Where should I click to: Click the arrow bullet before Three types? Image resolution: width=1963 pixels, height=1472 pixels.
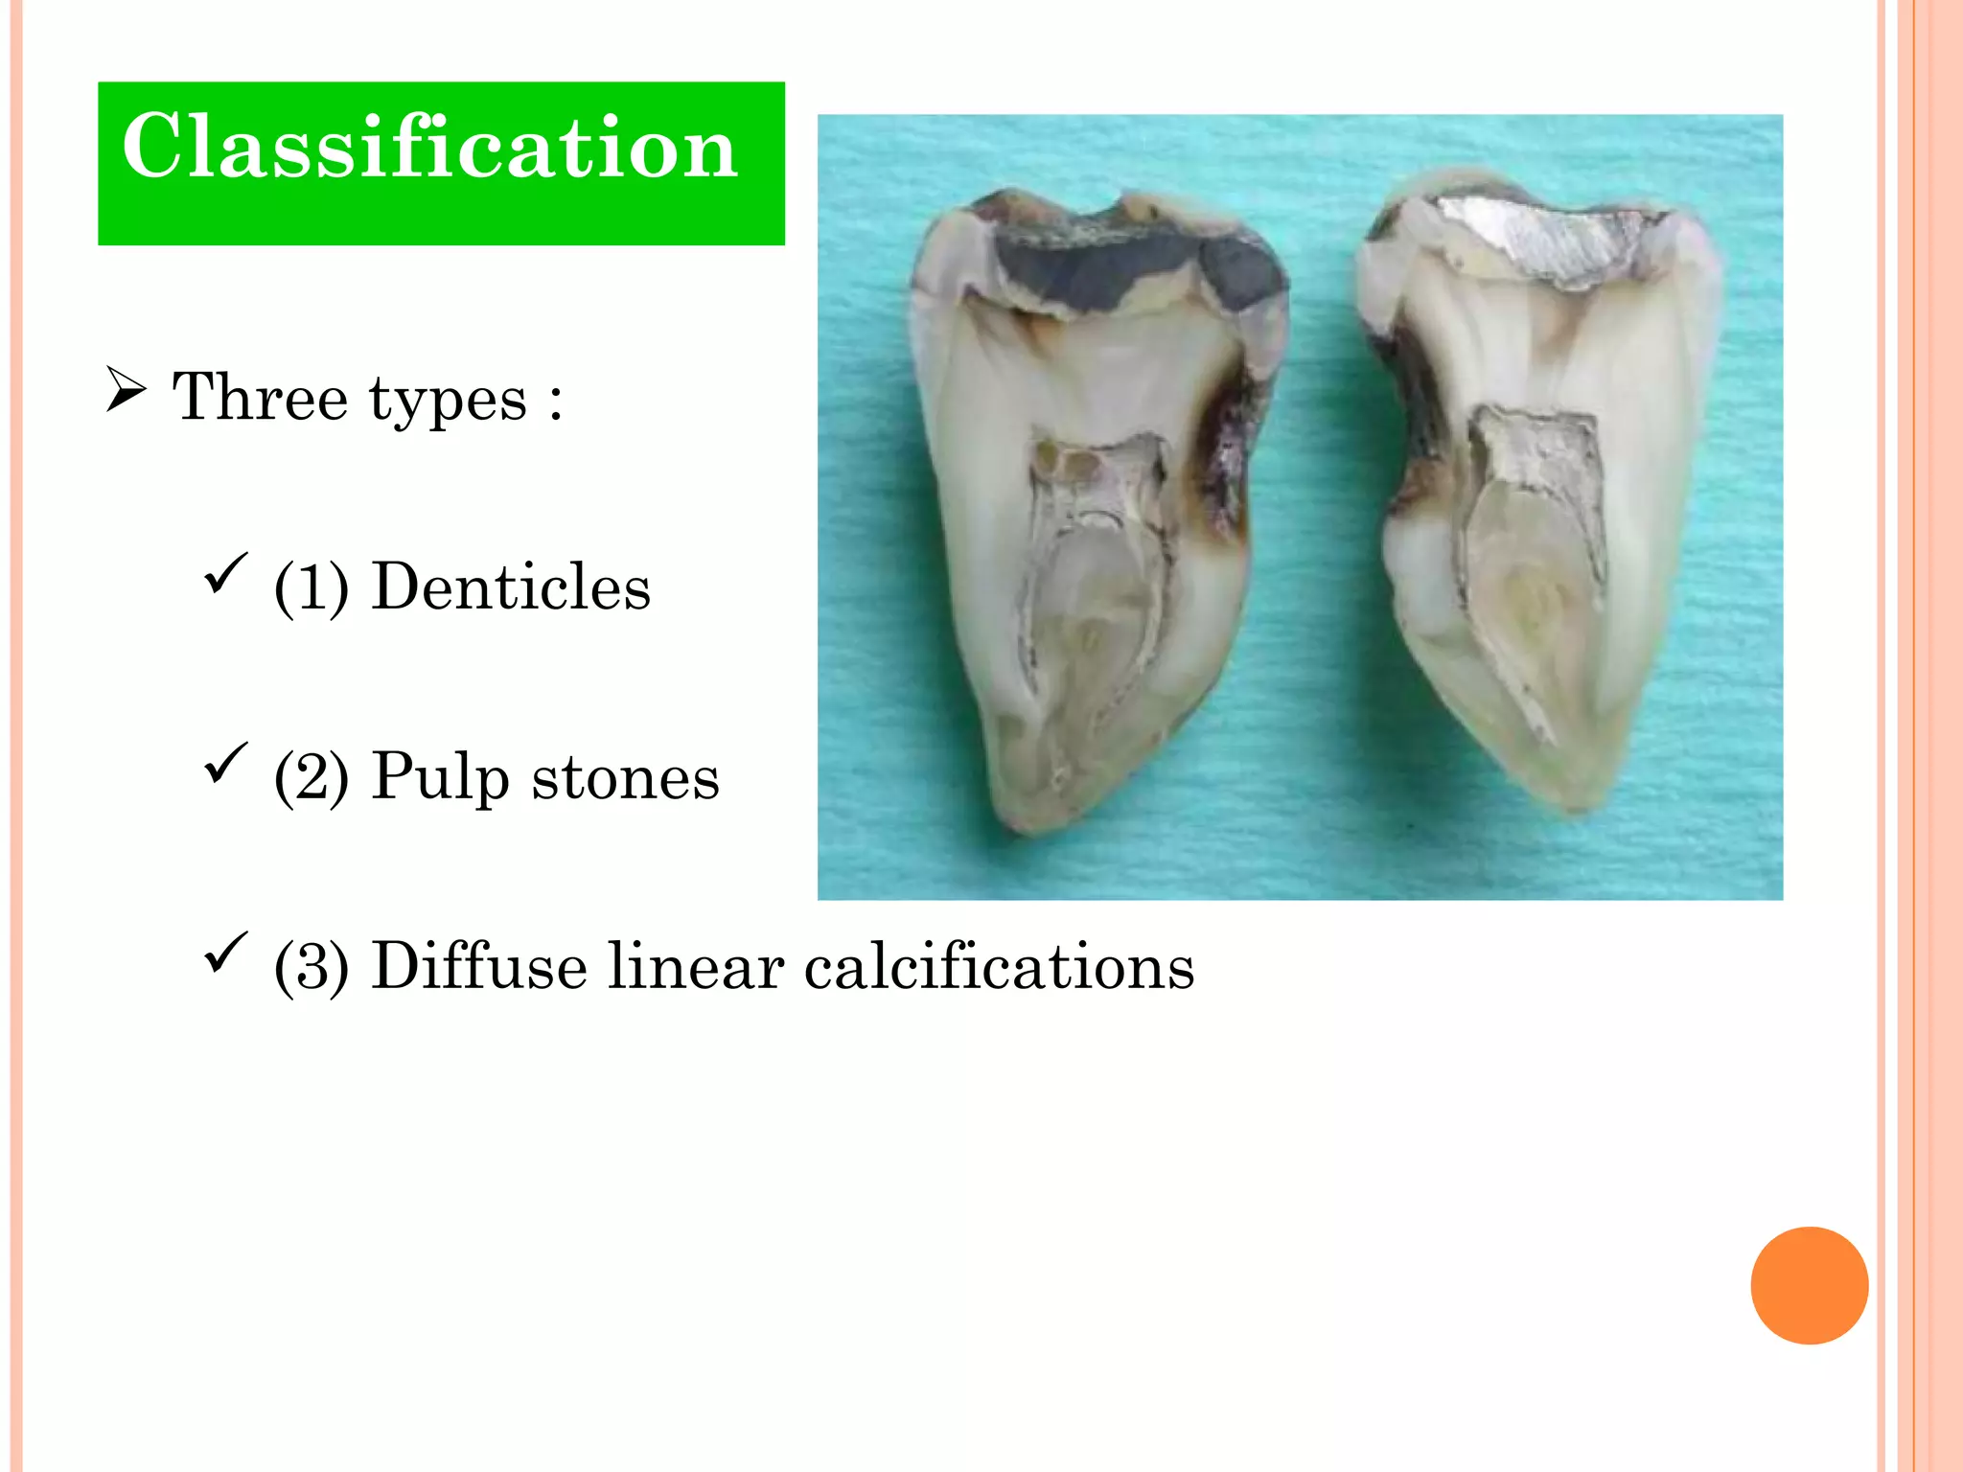(126, 390)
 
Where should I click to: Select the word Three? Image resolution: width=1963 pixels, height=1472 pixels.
(259, 398)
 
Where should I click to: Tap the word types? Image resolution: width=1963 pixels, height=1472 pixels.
(448, 402)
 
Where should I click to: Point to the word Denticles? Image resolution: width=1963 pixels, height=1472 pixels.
(510, 586)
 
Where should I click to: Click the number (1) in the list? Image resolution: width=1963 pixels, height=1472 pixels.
(311, 586)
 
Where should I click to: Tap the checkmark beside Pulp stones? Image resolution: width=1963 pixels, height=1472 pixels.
(225, 763)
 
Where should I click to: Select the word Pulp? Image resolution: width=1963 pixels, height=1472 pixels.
(440, 777)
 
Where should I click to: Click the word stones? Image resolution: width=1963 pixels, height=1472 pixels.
(625, 777)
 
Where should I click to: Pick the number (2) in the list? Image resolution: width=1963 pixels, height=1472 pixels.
(311, 777)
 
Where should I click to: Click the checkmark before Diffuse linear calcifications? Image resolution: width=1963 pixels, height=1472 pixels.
(225, 953)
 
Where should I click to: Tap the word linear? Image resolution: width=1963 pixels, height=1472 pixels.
(695, 966)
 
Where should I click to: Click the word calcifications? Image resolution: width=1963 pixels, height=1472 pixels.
(999, 966)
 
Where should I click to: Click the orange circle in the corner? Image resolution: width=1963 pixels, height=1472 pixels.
(1809, 1285)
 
